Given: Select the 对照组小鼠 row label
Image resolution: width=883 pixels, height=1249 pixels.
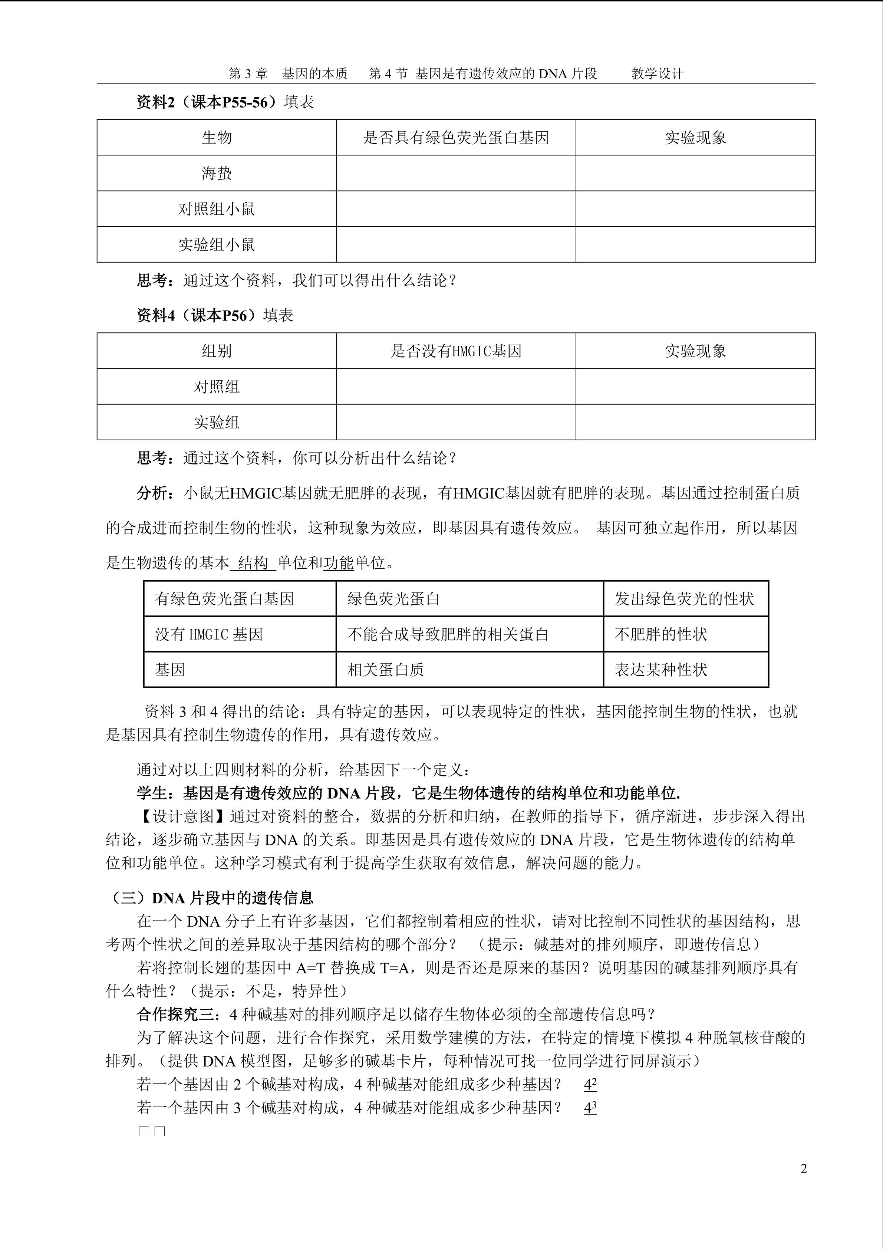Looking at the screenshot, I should point(217,209).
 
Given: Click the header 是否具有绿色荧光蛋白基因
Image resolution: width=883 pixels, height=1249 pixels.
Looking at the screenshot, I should point(456,138).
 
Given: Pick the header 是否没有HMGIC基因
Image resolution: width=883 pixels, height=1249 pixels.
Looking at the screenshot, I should point(456,351).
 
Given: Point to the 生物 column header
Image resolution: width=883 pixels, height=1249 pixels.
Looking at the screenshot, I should point(217,138).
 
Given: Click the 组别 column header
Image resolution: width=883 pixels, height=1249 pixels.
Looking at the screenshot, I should point(217,351).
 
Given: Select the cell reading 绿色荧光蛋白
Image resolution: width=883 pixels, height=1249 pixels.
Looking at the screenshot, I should point(393,599).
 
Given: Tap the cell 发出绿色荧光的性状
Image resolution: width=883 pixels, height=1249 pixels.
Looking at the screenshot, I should point(684,599).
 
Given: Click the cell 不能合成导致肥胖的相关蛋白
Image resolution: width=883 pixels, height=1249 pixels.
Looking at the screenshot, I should point(448,634).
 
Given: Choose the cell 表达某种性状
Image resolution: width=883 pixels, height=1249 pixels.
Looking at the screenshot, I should point(660,670).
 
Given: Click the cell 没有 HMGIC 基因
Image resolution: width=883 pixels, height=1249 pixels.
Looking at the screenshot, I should point(209,634).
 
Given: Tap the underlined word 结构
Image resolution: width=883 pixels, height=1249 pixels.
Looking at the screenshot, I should point(253,563).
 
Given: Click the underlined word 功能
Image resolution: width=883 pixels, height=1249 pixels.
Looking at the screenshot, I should point(339,563).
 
